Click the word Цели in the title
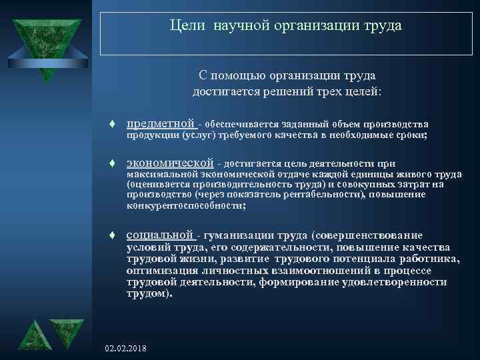tap(183, 26)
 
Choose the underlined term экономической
tap(170, 163)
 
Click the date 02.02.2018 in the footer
tap(127, 349)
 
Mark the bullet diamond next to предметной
tap(114, 125)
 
